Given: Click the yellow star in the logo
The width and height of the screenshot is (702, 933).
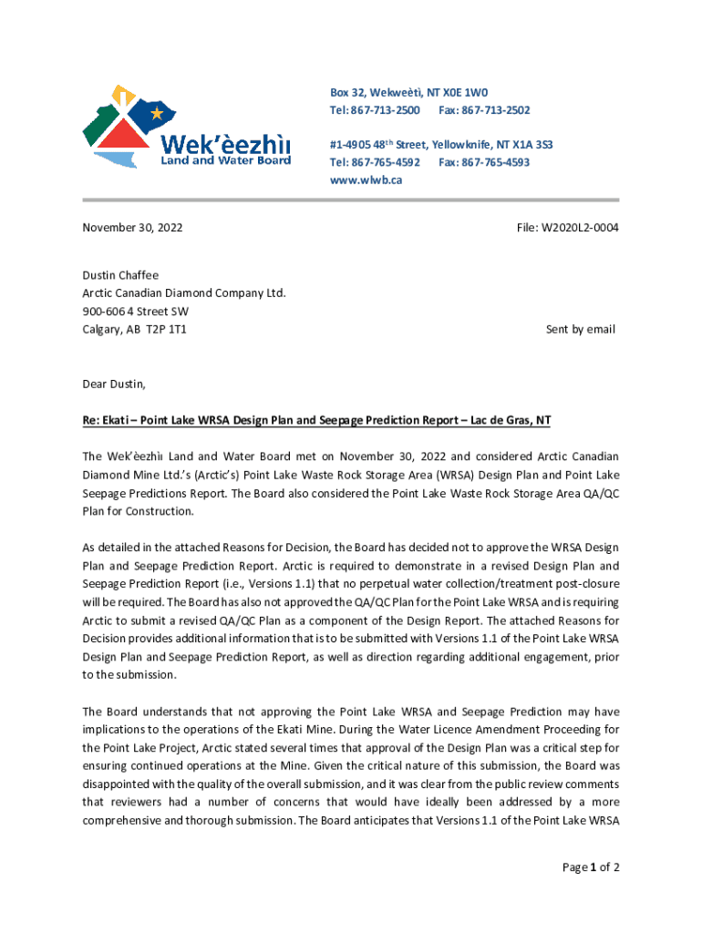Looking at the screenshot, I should tap(157, 114).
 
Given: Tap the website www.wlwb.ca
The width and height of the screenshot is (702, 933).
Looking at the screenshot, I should tap(366, 179).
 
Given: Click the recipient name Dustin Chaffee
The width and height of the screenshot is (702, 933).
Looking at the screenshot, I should tap(120, 275).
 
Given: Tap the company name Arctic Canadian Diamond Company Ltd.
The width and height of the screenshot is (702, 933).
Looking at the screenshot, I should tap(184, 292).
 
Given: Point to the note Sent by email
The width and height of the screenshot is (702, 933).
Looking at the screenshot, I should tap(580, 329).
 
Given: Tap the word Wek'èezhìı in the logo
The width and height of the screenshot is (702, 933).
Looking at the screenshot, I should tap(225, 144).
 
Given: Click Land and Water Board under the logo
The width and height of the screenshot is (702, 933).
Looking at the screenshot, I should tap(226, 160).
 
